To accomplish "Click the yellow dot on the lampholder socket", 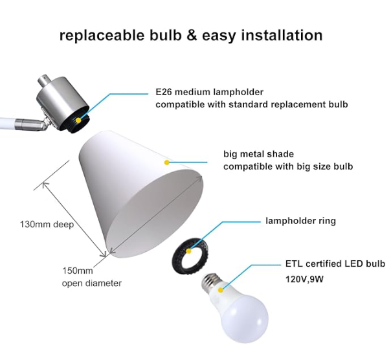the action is pos(78,120).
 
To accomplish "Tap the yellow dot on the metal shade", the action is pos(167,163).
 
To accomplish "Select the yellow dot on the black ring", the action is pos(189,251).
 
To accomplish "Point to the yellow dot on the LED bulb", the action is pos(221,290).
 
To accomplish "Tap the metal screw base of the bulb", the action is pos(211,280).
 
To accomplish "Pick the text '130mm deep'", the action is pos(47,224).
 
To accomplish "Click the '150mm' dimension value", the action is pos(77,271).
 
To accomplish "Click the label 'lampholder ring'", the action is pos(301,221).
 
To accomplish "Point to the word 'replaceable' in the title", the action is pos(102,36).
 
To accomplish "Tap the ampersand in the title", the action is pos(192,35).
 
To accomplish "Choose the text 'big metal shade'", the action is pos(258,154).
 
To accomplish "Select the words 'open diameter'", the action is pos(92,284).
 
